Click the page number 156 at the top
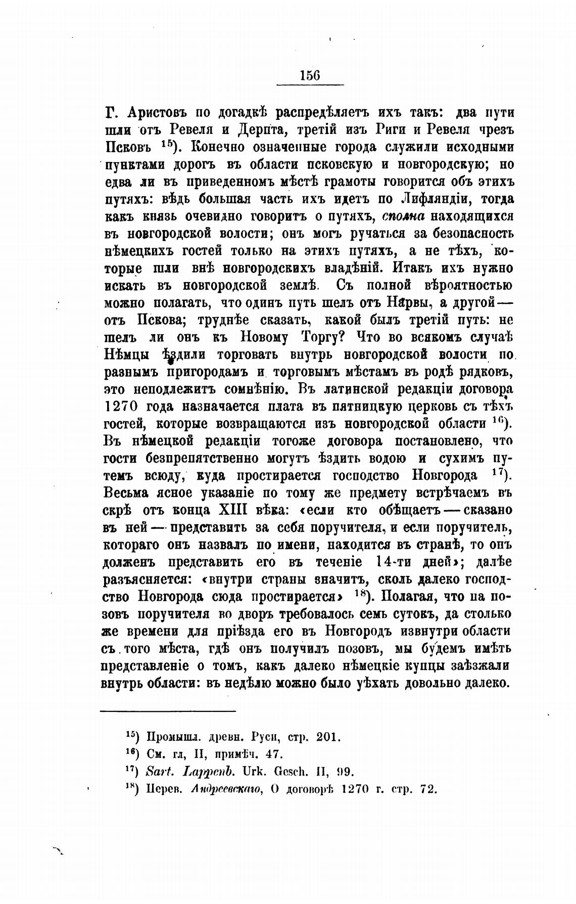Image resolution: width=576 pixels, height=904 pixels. tap(310, 75)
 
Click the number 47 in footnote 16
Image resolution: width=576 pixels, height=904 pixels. tap(273, 754)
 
